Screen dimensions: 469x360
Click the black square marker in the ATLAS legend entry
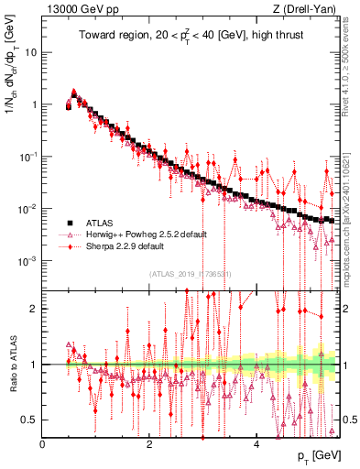coord(70,223)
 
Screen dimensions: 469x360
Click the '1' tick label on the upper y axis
coord(34,104)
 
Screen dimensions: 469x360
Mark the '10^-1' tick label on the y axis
coord(28,156)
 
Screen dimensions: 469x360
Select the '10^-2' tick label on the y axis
coord(28,208)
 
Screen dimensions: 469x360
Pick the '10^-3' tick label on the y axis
coord(28,260)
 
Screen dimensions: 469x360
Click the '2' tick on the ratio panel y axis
coord(35,308)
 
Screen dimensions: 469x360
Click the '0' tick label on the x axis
coord(43,443)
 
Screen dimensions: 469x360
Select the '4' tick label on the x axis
coord(256,443)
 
